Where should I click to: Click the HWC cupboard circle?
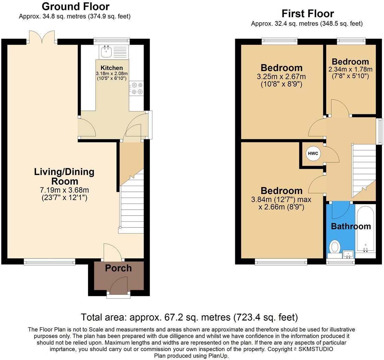pos(313,154)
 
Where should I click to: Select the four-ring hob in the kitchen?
pos(137,88)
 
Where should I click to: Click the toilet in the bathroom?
pos(334,247)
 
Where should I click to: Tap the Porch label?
pos(118,268)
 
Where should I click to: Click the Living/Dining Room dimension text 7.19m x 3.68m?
pos(64,190)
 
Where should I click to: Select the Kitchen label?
pos(111,68)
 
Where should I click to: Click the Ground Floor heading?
pos(75,6)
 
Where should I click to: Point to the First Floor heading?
pos(308,13)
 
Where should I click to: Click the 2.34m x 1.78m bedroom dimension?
pos(350,69)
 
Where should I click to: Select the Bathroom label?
pos(351,226)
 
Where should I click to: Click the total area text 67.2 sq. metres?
pos(189,317)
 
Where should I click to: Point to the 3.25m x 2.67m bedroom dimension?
pos(281,76)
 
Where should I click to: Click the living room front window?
pos(49,262)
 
